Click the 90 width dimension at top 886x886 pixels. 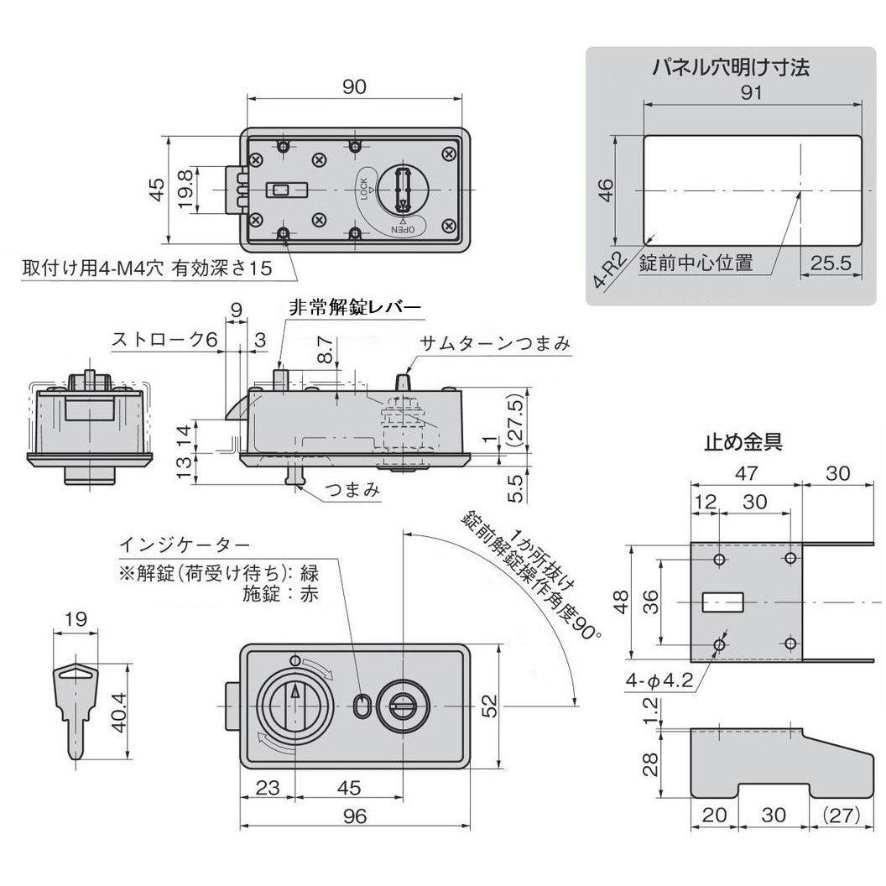click(354, 86)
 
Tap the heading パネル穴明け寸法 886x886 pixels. click(731, 68)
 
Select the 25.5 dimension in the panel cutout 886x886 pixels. click(831, 263)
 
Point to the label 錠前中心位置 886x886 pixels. click(696, 263)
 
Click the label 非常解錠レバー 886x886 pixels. click(354, 308)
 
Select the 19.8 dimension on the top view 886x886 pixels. click(185, 190)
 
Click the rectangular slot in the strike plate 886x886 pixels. click(722, 601)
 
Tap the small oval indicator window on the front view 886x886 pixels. click(362, 706)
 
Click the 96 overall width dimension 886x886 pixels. click(355, 816)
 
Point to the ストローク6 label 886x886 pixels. click(164, 339)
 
